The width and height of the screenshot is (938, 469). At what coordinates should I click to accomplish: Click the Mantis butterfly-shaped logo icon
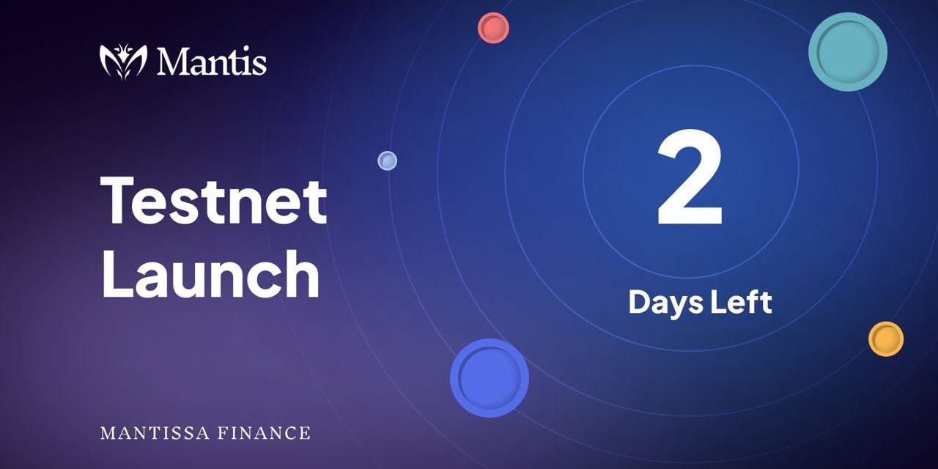tap(123, 62)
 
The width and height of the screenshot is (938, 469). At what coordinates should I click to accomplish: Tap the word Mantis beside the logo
tap(212, 61)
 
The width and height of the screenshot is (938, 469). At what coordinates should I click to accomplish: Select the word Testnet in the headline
tap(213, 201)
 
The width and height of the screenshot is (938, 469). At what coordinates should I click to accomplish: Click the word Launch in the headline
tap(210, 273)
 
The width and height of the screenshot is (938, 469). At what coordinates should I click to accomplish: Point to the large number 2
tap(690, 177)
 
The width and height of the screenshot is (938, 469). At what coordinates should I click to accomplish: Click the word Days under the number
tap(665, 303)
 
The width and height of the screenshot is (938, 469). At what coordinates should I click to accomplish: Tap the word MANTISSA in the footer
tap(155, 433)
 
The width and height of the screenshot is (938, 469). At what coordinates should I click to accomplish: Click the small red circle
tap(493, 28)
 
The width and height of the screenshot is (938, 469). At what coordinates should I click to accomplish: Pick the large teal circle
tap(848, 51)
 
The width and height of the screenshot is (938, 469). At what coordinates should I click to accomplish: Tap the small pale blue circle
tap(388, 160)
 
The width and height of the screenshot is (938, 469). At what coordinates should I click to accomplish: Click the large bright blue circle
tap(490, 377)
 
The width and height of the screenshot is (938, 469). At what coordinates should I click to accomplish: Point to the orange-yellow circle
tap(886, 339)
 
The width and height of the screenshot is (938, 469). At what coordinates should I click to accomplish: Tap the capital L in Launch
tap(117, 273)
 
